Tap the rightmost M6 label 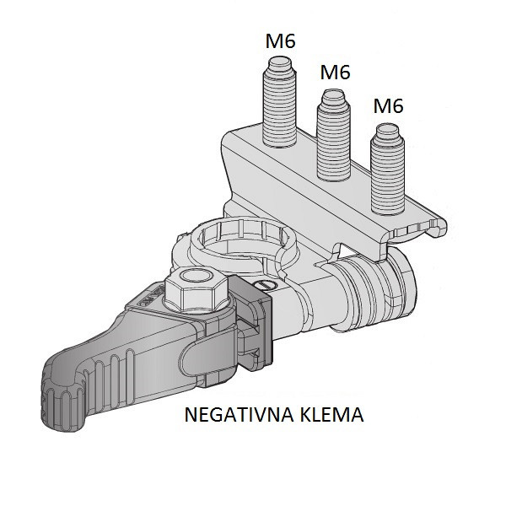coord(387,105)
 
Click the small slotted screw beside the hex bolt coord(264,286)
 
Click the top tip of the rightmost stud coord(387,129)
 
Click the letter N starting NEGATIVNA coord(189,416)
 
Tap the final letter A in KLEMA coord(358,416)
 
